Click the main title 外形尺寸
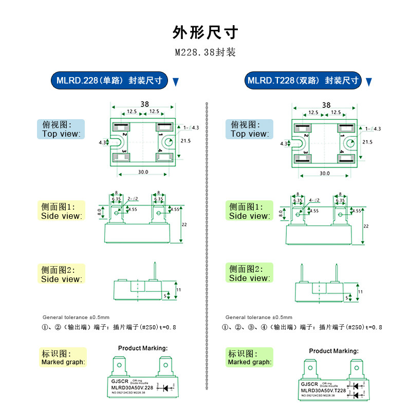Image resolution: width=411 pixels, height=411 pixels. pos(205,32)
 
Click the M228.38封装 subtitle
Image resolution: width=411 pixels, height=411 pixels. pos(205,52)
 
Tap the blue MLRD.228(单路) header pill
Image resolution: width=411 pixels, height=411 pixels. pos(109,81)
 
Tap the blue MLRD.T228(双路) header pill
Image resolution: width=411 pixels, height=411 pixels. pos(303,81)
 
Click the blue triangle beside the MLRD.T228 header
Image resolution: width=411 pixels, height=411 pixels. pos(368,82)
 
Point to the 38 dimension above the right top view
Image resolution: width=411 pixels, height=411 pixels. pos(326,104)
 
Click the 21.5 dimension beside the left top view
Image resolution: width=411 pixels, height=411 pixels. pos(186,140)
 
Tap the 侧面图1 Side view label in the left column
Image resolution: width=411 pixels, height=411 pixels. pos(61,211)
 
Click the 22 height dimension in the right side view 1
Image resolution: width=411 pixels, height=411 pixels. pos(366,226)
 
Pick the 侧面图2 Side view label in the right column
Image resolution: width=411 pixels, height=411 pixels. pos(249,273)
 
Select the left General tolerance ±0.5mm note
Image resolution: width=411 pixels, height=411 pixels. pos(76,317)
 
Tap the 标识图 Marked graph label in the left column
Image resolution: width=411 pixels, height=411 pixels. pos(63,358)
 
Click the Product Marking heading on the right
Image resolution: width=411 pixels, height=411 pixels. pos(333,351)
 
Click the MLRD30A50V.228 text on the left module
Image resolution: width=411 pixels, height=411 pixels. pos(132,387)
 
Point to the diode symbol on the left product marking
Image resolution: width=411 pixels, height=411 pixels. pos(166,388)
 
